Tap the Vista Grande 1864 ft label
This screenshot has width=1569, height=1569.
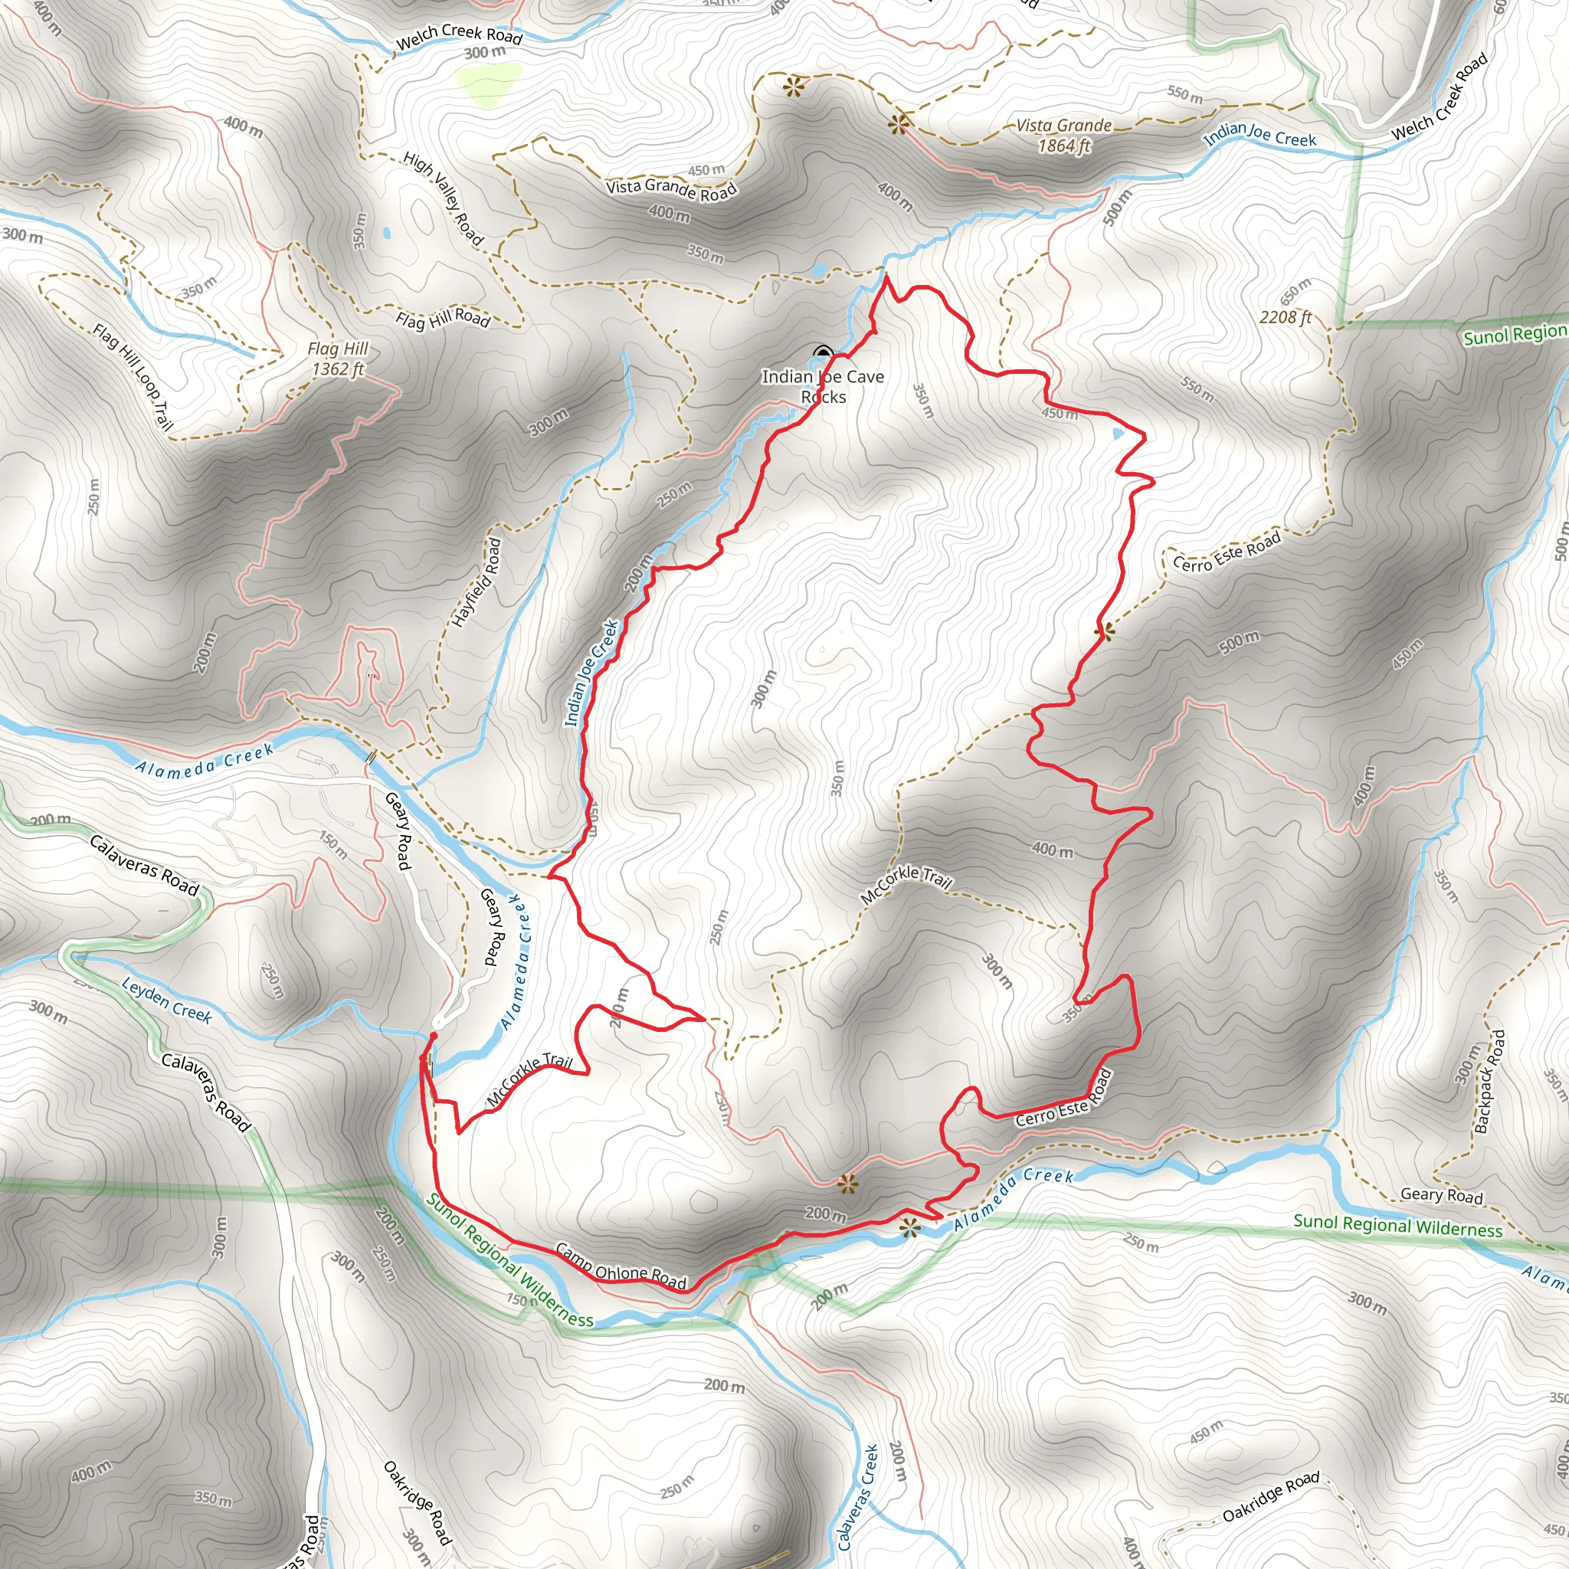pos(1064,136)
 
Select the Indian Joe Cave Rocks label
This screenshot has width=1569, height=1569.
pos(823,387)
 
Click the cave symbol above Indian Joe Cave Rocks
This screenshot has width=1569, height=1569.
pos(823,352)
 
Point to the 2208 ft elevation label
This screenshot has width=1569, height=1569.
pos(1286,317)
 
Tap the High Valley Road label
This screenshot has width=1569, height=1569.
pos(444,199)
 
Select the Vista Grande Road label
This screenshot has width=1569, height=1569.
pos(671,188)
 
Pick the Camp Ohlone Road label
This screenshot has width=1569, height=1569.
pos(621,1266)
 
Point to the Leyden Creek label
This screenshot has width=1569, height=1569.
pos(166,1000)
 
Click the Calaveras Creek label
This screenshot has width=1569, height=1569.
pos(858,1497)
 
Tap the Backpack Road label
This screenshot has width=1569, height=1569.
pos(1489,1082)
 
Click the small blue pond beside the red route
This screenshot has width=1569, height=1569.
pos(1119,434)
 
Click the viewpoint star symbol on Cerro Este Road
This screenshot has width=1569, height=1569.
pos(1104,631)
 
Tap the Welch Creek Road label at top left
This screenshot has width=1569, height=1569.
pos(459,36)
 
